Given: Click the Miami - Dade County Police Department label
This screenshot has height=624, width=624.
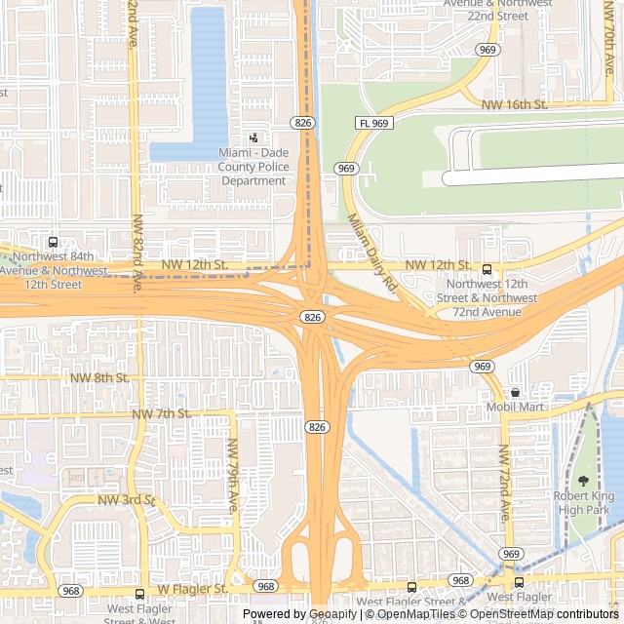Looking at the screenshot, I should (x=253, y=167).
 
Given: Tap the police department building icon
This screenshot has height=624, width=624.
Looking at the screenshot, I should (x=253, y=138).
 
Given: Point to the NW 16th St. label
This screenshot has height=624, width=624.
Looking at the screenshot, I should (x=516, y=104).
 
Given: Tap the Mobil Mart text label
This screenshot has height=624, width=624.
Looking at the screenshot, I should (x=515, y=407).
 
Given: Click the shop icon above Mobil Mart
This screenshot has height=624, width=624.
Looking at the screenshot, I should (x=515, y=392).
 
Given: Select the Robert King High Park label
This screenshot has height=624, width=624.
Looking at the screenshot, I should (x=583, y=502).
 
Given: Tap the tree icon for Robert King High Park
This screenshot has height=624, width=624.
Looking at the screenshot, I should (x=584, y=480).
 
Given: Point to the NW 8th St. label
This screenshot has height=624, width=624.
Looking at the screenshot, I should (x=99, y=377).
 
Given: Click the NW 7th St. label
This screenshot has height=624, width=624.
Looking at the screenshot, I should (x=161, y=414).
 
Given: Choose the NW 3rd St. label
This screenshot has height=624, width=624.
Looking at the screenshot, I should (x=127, y=500).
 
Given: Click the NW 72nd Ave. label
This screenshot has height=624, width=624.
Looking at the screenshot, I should (x=504, y=483).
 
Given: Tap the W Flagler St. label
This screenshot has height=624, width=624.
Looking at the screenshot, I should (x=192, y=590).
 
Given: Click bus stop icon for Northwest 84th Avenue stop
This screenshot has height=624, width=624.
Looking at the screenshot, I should (x=53, y=242).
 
